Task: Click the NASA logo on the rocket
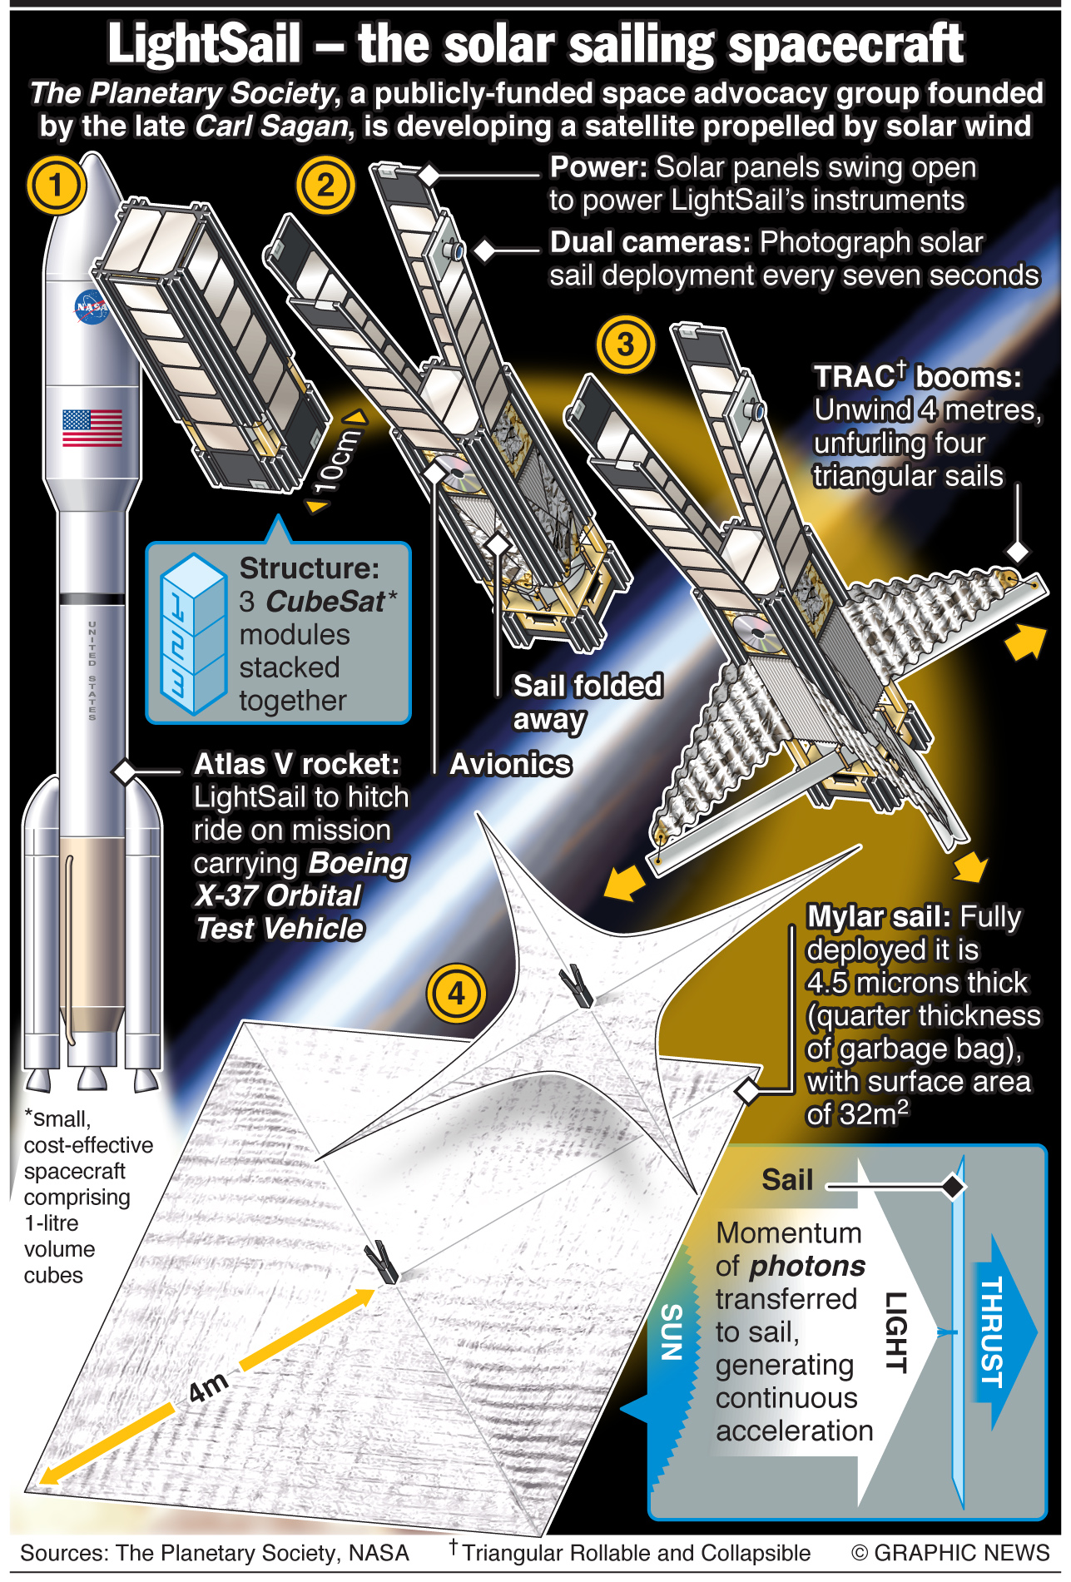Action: tap(92, 307)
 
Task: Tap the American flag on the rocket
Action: tap(92, 428)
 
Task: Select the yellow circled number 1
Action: tap(56, 185)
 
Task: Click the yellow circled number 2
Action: tap(325, 185)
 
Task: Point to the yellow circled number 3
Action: tap(626, 344)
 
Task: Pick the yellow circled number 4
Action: tap(456, 993)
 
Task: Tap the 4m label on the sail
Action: tap(208, 1386)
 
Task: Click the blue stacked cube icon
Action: tap(194, 633)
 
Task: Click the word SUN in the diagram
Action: tap(672, 1332)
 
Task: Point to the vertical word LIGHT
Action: tap(895, 1332)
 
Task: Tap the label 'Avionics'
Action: tap(511, 764)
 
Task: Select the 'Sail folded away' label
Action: tap(588, 702)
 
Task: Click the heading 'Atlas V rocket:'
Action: tap(297, 764)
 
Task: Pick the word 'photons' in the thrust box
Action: tap(807, 1266)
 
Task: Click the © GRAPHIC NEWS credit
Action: tap(950, 1553)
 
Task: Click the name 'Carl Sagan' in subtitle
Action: tap(271, 126)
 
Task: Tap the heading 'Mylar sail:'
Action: tap(879, 916)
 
